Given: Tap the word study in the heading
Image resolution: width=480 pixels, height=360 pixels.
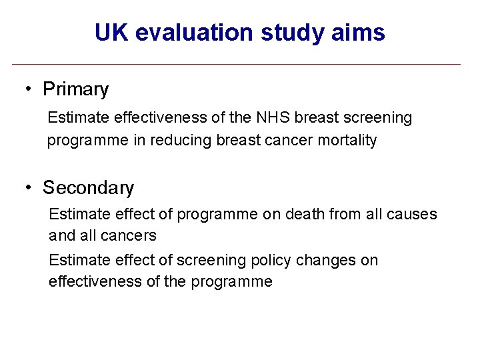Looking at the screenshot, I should click(283, 33).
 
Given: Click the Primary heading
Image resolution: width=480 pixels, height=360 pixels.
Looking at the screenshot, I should click(75, 89).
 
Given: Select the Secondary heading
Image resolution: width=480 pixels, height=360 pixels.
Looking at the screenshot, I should click(88, 188).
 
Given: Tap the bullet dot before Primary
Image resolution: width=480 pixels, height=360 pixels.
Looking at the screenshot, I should click(30, 89).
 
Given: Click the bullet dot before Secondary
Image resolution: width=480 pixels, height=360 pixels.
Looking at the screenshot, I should click(30, 188).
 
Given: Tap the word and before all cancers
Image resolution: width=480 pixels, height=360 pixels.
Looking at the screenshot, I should click(61, 236).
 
